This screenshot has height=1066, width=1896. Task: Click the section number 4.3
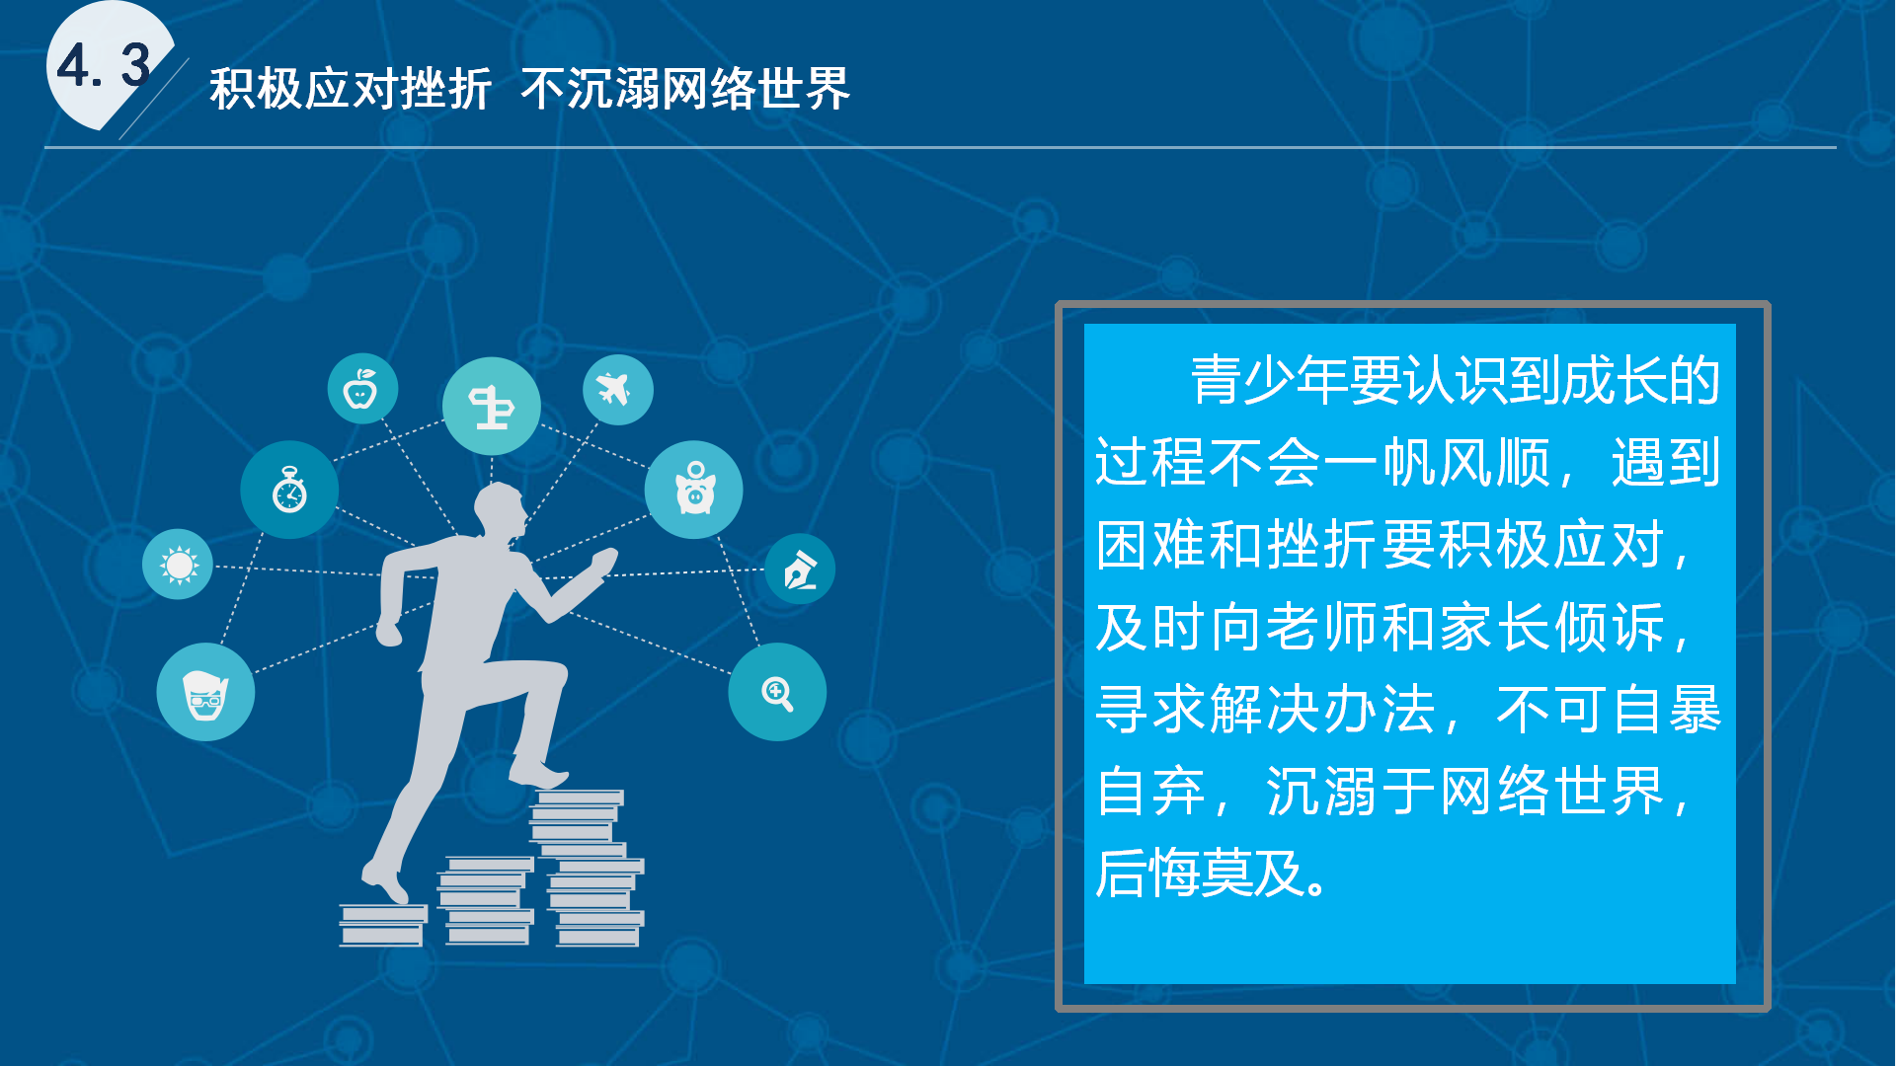click(x=103, y=66)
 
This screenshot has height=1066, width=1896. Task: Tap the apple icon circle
click(x=362, y=389)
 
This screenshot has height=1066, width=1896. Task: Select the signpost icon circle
click(x=491, y=406)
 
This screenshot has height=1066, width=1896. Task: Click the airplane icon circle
click(x=617, y=390)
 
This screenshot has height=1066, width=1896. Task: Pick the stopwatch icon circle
click(x=289, y=490)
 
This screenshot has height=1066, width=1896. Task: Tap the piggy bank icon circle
click(x=694, y=490)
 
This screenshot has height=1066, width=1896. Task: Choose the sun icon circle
click(x=178, y=565)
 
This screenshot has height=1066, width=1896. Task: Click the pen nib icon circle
click(x=800, y=570)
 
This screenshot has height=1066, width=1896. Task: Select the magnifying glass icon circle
click(x=777, y=692)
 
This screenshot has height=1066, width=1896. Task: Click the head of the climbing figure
click(x=501, y=511)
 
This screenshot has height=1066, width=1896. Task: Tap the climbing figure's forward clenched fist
click(x=602, y=564)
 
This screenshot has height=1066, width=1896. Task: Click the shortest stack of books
click(x=382, y=925)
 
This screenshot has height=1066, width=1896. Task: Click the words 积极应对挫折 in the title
click(x=351, y=89)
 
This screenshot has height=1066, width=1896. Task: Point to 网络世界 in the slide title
click(x=755, y=89)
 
